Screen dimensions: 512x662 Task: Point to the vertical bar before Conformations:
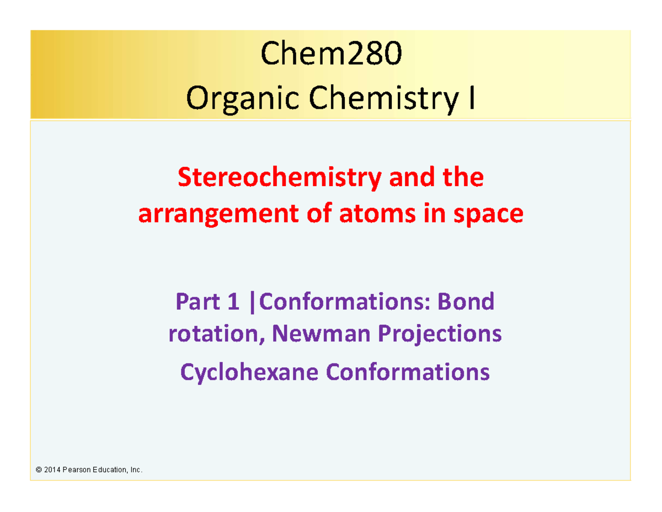pyautogui.click(x=252, y=303)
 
